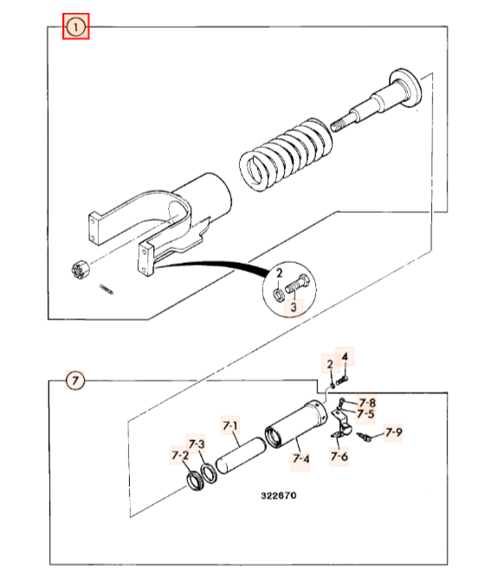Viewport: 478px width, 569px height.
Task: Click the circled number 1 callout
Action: click(x=76, y=27)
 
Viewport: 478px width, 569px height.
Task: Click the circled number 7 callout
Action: click(x=74, y=380)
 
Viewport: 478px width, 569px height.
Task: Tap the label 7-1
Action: click(x=230, y=425)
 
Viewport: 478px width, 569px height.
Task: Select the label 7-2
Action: click(x=180, y=455)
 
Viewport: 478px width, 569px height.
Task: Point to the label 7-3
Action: click(x=197, y=444)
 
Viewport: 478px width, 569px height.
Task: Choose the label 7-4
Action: click(x=301, y=459)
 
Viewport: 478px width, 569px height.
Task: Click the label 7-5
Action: click(x=365, y=413)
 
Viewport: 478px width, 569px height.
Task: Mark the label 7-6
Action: click(x=339, y=456)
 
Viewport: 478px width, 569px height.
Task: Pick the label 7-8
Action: click(x=367, y=402)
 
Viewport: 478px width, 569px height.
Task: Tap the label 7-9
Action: click(x=394, y=432)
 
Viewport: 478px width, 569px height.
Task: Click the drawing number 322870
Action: click(x=279, y=495)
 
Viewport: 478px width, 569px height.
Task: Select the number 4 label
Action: click(x=345, y=357)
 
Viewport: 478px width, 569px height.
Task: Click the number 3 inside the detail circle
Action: click(x=294, y=307)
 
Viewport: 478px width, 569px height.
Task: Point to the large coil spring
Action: click(x=286, y=154)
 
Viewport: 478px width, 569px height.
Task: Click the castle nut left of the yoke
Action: click(x=81, y=269)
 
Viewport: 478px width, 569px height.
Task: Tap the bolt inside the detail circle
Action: click(x=297, y=284)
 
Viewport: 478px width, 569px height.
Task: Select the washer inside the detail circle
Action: click(x=279, y=294)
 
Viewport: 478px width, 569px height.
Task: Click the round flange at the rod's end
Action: click(x=405, y=87)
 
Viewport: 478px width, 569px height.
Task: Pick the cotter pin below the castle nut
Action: click(x=107, y=289)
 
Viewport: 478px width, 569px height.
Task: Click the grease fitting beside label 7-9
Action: click(x=365, y=437)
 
